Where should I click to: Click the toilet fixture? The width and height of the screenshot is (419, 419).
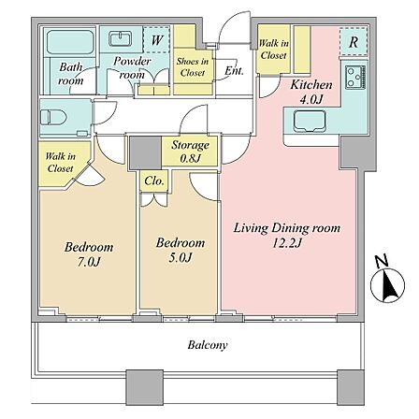(53, 118)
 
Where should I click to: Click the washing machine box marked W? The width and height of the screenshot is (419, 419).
(156, 40)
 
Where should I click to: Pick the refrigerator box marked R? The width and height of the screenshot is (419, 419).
(354, 42)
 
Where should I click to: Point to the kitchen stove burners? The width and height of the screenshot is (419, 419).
(355, 78)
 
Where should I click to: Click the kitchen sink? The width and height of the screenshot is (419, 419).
(310, 122)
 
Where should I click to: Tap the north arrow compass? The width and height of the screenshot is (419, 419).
(387, 282)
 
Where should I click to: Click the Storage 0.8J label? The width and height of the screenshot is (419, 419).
(190, 152)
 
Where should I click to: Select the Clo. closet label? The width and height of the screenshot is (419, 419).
(154, 181)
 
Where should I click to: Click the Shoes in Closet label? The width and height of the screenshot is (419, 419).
(193, 67)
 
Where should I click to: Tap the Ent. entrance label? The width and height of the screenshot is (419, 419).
(234, 71)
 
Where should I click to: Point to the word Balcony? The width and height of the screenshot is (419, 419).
(208, 345)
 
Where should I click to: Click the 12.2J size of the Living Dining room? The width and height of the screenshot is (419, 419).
(287, 243)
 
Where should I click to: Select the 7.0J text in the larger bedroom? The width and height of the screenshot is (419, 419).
(89, 262)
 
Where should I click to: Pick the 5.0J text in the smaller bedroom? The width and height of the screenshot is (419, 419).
(180, 257)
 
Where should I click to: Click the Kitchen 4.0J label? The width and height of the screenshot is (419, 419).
(311, 92)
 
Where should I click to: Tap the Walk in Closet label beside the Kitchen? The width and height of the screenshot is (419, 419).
(273, 50)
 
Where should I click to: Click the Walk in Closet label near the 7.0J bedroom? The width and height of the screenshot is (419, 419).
(61, 162)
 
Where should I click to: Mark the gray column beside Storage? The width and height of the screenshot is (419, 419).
(145, 153)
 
